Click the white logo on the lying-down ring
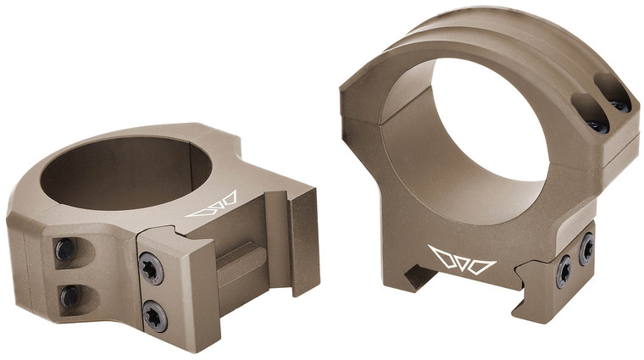(213, 208)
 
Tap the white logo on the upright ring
(462, 259)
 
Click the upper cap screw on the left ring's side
(65, 249)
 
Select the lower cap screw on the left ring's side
(68, 296)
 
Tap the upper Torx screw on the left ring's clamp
(149, 267)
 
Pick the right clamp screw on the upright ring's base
(586, 248)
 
